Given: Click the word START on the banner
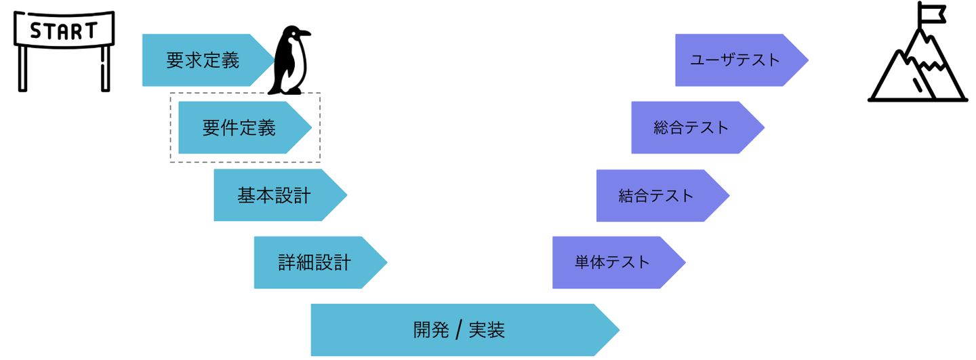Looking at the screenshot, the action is tap(64, 31).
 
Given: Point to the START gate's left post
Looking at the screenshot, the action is tap(22, 68).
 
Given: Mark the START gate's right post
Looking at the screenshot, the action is tap(106, 68).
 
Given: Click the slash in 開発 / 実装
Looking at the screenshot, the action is tap(459, 329).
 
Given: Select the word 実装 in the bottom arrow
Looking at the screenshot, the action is tap(487, 330).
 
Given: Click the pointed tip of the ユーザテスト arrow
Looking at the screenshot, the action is tap(808, 60).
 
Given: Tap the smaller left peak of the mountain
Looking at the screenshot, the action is tap(899, 55).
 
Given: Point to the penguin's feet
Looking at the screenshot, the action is tap(287, 91).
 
